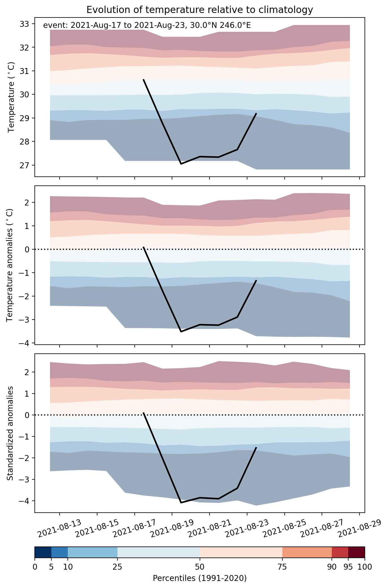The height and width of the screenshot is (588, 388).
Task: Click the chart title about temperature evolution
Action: [x=200, y=10]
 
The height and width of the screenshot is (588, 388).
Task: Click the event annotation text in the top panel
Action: [x=147, y=25]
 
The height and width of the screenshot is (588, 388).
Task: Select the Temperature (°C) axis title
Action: [x=11, y=97]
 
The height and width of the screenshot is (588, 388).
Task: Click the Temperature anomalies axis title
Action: [x=10, y=265]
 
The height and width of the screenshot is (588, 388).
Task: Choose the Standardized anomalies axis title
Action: [x=10, y=433]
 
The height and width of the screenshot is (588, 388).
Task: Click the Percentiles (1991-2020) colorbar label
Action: [x=200, y=578]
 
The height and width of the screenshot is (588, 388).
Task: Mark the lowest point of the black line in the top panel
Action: [x=181, y=164]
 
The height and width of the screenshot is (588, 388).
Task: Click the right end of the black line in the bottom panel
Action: [x=256, y=447]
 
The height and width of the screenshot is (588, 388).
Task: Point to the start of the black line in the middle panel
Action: [x=143, y=247]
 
